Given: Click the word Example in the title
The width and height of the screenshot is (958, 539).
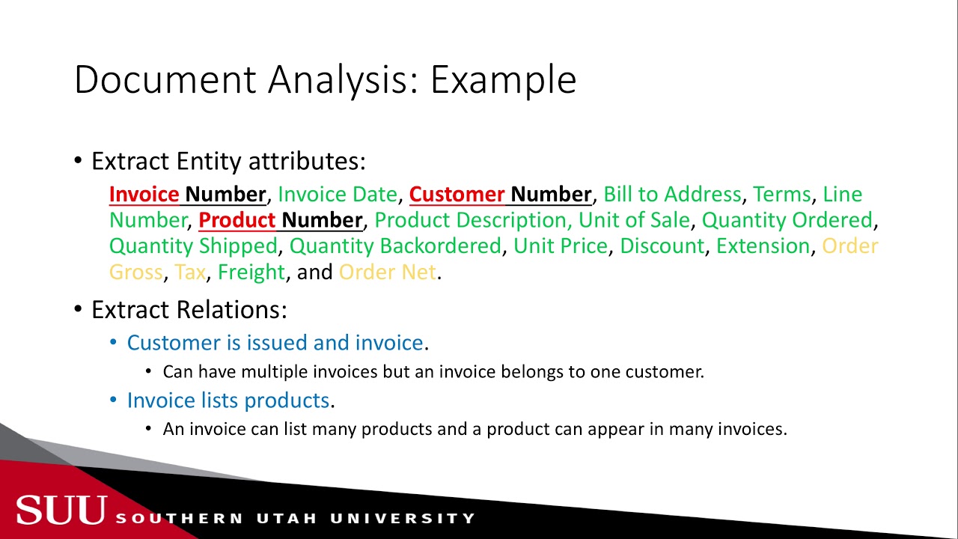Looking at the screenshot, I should tap(503, 79).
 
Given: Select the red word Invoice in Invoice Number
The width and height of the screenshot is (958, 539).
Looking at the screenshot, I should tap(144, 195).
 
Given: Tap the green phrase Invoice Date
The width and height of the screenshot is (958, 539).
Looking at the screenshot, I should tap(337, 195).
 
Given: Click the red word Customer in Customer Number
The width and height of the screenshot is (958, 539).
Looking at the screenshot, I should tap(457, 195).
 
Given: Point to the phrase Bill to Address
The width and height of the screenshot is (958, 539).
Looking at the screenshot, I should tap(672, 195).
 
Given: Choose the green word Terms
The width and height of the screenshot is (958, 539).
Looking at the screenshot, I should tap(781, 195).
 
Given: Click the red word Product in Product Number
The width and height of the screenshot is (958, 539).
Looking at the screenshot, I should tap(237, 220).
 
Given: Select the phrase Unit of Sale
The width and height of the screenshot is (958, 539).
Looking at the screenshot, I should tap(634, 220).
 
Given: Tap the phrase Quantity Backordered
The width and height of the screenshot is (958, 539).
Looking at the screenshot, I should tap(395, 246).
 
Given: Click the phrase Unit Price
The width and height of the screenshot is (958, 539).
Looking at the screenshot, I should tap(560, 246).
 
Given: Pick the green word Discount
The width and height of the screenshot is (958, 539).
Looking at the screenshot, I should tap(662, 246).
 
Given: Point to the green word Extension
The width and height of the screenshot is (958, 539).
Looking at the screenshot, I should tap(763, 246).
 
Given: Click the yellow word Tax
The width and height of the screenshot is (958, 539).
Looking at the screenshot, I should tap(189, 272).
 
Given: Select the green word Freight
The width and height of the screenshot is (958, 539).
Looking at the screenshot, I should tap(251, 272).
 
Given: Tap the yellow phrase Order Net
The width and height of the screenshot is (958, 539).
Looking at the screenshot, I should tap(387, 272).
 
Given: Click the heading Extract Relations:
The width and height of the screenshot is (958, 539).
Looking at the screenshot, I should tap(189, 310).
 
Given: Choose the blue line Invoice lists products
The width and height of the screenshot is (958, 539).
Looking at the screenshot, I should tap(228, 401).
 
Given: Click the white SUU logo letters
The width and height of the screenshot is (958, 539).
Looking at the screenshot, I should tap(61, 511).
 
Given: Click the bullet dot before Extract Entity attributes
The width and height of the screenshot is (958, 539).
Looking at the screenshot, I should tap(79, 162).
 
